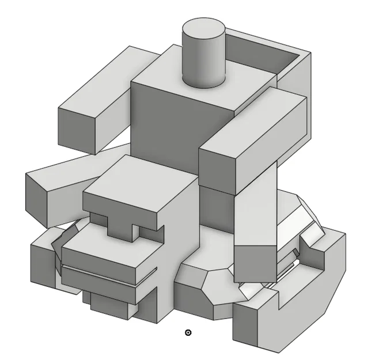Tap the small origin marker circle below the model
tap(188, 332)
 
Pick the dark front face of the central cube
tap(164, 127)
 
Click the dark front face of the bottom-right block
tap(253, 325)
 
